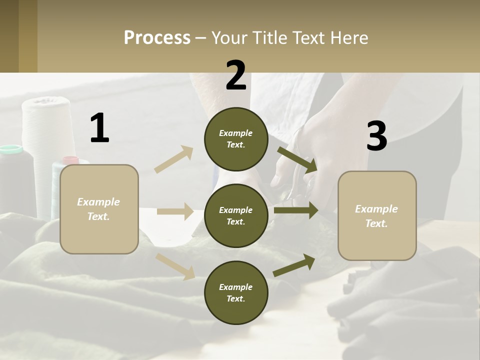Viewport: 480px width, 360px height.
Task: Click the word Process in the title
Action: coord(157,37)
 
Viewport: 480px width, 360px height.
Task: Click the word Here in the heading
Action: coord(348,37)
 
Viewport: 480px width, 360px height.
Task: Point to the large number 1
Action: coord(99,128)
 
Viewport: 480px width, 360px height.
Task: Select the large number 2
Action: coord(236,75)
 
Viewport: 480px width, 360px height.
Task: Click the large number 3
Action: coord(376,137)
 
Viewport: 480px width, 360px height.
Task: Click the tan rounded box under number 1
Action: coord(99,209)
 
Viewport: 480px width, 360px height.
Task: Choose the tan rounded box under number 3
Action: coord(377,215)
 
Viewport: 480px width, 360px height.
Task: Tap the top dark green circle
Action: coord(236,139)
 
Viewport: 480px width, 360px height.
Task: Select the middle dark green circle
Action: coord(236,215)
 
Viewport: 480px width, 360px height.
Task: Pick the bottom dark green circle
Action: coord(236,292)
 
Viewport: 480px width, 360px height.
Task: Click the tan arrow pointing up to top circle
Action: coord(174,159)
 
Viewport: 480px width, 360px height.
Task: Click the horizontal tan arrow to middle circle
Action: coord(175,211)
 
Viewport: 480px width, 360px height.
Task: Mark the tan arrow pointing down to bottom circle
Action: coord(175,266)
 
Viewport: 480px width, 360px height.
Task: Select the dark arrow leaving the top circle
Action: coord(297,159)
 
